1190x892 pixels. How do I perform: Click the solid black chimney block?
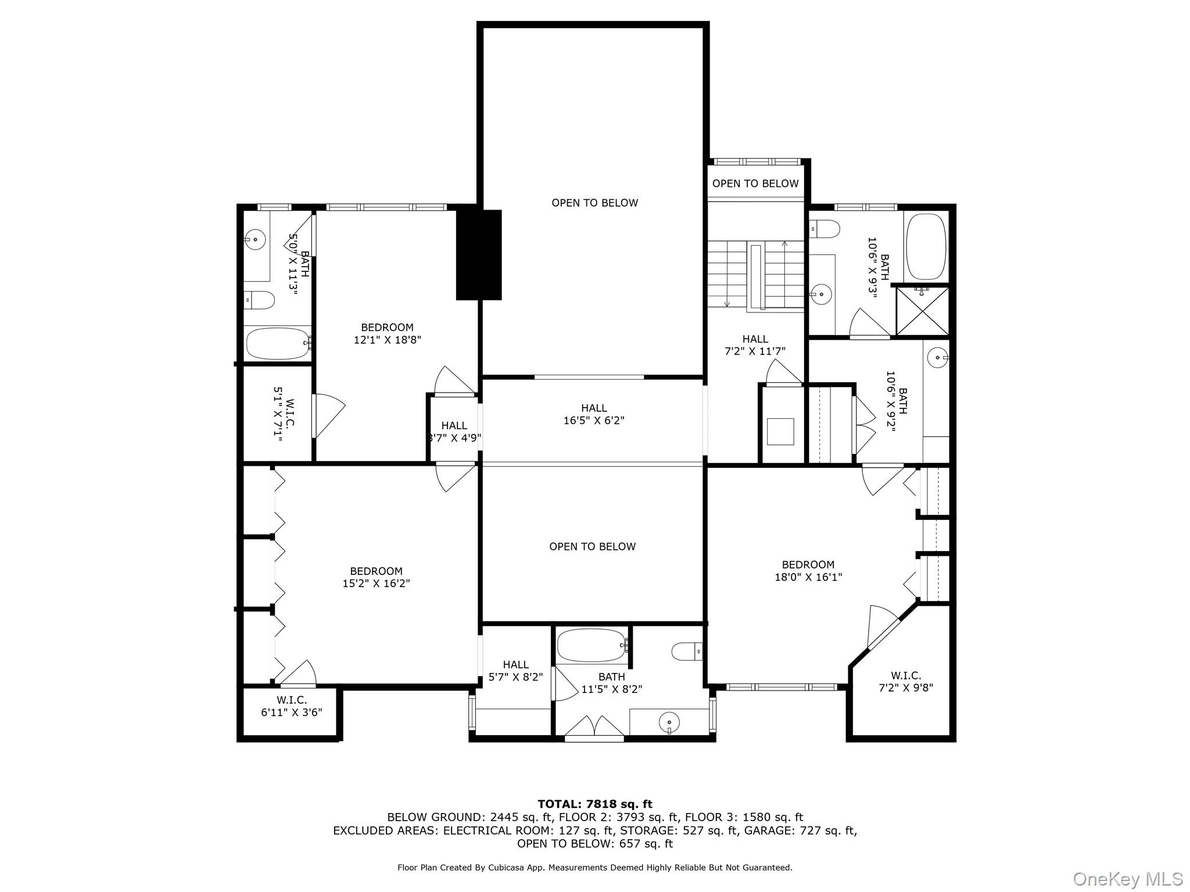[x=478, y=255]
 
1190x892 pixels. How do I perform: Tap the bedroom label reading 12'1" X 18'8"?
[x=387, y=334]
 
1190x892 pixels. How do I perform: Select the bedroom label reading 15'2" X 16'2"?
[x=376, y=577]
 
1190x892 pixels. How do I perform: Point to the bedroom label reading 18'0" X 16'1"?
[x=808, y=571]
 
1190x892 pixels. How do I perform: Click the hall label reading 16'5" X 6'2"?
[x=593, y=415]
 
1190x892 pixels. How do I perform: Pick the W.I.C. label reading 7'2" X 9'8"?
[x=905, y=682]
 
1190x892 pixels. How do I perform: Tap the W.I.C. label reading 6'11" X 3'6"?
[x=291, y=706]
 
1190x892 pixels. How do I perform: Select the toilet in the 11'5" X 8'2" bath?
[x=687, y=651]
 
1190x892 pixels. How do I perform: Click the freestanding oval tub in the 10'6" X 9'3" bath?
[x=926, y=246]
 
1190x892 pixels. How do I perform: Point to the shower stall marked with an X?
[x=922, y=311]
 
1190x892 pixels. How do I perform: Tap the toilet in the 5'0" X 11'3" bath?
[x=259, y=300]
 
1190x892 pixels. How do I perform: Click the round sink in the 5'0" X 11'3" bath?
[x=255, y=239]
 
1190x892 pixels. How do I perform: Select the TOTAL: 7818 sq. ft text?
[x=594, y=804]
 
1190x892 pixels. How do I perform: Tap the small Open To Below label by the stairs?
[x=755, y=184]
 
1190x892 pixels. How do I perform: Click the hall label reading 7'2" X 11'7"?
[x=755, y=345]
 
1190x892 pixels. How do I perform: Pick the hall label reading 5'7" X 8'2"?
[x=515, y=670]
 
